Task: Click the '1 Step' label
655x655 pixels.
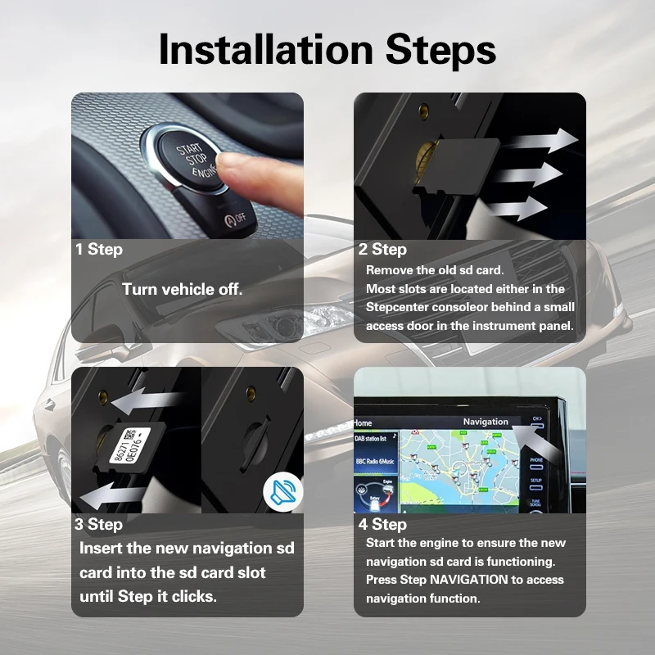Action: [98, 249]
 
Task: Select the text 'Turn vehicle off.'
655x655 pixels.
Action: [182, 289]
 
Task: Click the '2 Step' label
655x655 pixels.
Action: [382, 249]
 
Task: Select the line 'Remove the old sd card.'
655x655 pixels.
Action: [434, 270]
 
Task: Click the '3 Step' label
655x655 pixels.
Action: [99, 524]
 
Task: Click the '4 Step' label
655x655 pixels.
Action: [382, 524]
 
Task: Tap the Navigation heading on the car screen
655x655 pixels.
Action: [485, 422]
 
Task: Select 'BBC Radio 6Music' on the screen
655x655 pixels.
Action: [375, 462]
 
